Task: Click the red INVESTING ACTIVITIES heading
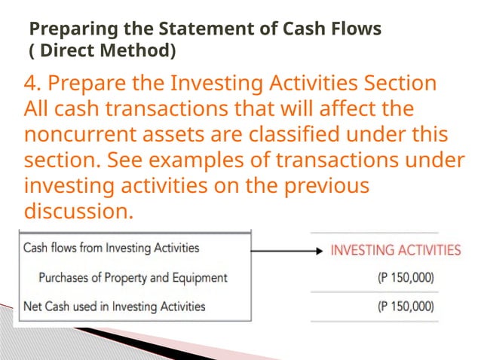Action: pyautogui.click(x=396, y=250)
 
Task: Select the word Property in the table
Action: pyautogui.click(x=133, y=277)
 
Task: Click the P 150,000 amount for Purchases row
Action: pyautogui.click(x=405, y=278)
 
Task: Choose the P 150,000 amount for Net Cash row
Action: pyautogui.click(x=405, y=307)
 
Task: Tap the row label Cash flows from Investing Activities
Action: pyautogui.click(x=112, y=247)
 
